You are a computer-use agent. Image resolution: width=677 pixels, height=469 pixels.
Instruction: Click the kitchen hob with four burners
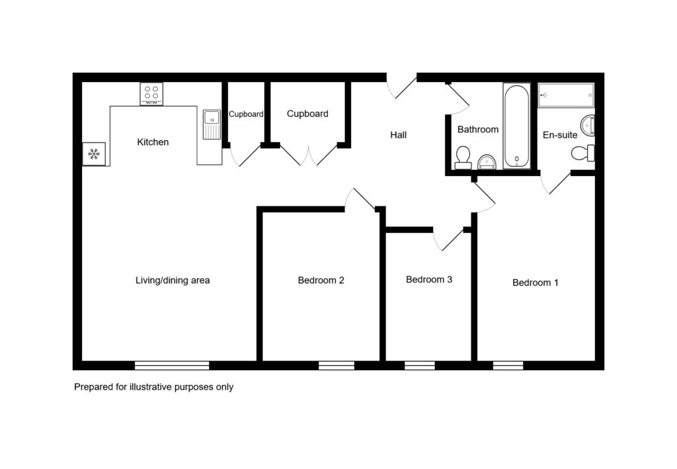[151, 94]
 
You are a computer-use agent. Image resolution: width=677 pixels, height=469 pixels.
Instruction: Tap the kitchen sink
[212, 124]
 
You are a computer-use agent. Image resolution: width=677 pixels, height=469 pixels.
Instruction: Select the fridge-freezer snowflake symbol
[94, 153]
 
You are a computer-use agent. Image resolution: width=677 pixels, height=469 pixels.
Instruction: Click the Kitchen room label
[153, 142]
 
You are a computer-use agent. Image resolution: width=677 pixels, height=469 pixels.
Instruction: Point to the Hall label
[399, 135]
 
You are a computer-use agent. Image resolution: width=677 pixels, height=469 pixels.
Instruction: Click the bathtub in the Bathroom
[516, 126]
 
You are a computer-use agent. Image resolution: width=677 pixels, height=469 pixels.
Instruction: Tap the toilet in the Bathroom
[463, 157]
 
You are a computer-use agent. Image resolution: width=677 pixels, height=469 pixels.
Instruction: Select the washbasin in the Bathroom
[487, 162]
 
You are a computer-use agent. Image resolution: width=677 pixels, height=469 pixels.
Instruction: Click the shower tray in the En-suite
[566, 95]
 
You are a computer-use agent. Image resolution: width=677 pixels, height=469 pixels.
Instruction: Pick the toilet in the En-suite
[583, 153]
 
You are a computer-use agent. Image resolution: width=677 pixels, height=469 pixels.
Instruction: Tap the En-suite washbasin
[588, 125]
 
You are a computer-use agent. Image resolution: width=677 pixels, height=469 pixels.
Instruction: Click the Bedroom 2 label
[321, 280]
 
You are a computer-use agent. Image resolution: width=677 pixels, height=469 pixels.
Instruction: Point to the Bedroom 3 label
[428, 279]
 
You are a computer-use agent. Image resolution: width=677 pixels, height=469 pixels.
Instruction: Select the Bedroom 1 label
[535, 282]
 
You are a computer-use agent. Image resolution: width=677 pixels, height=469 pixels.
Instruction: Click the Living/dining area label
[173, 280]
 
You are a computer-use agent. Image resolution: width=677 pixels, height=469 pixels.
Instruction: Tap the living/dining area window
[172, 365]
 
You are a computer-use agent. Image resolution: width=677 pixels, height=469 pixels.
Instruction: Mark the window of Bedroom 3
[420, 365]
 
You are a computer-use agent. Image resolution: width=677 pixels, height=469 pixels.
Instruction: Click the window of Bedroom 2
[337, 365]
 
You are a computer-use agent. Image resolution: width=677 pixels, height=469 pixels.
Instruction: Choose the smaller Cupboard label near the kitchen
[246, 114]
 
